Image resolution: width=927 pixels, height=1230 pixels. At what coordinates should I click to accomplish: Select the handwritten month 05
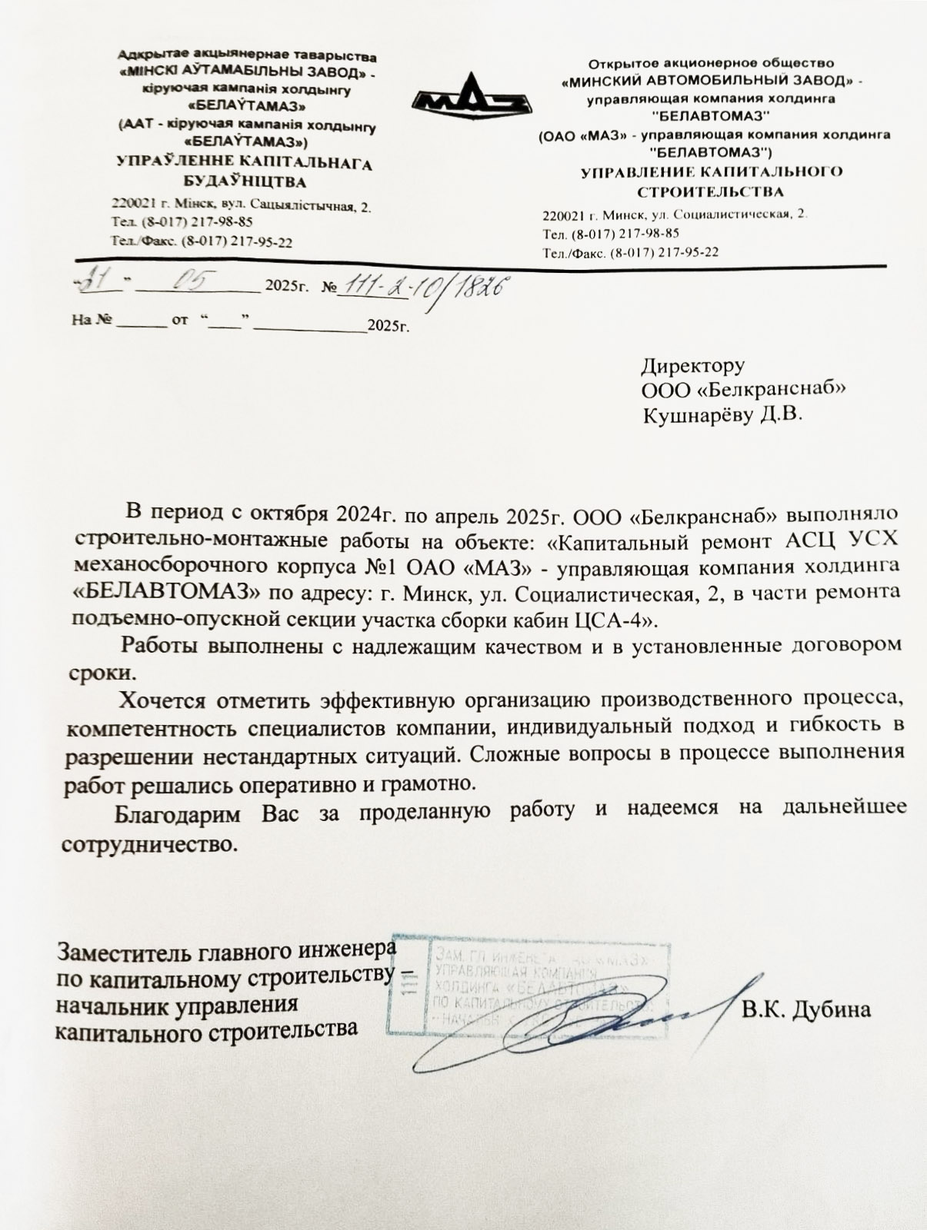point(184,282)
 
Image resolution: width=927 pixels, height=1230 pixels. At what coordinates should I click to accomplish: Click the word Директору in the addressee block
point(693,365)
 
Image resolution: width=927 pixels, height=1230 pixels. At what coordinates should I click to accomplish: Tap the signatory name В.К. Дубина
point(806,1008)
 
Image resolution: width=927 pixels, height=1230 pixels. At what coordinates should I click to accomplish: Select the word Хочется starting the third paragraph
point(162,700)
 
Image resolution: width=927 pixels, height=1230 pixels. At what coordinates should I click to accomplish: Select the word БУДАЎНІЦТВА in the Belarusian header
point(244,182)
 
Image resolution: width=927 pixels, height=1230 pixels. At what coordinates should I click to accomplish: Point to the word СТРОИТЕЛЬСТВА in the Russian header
point(711,191)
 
